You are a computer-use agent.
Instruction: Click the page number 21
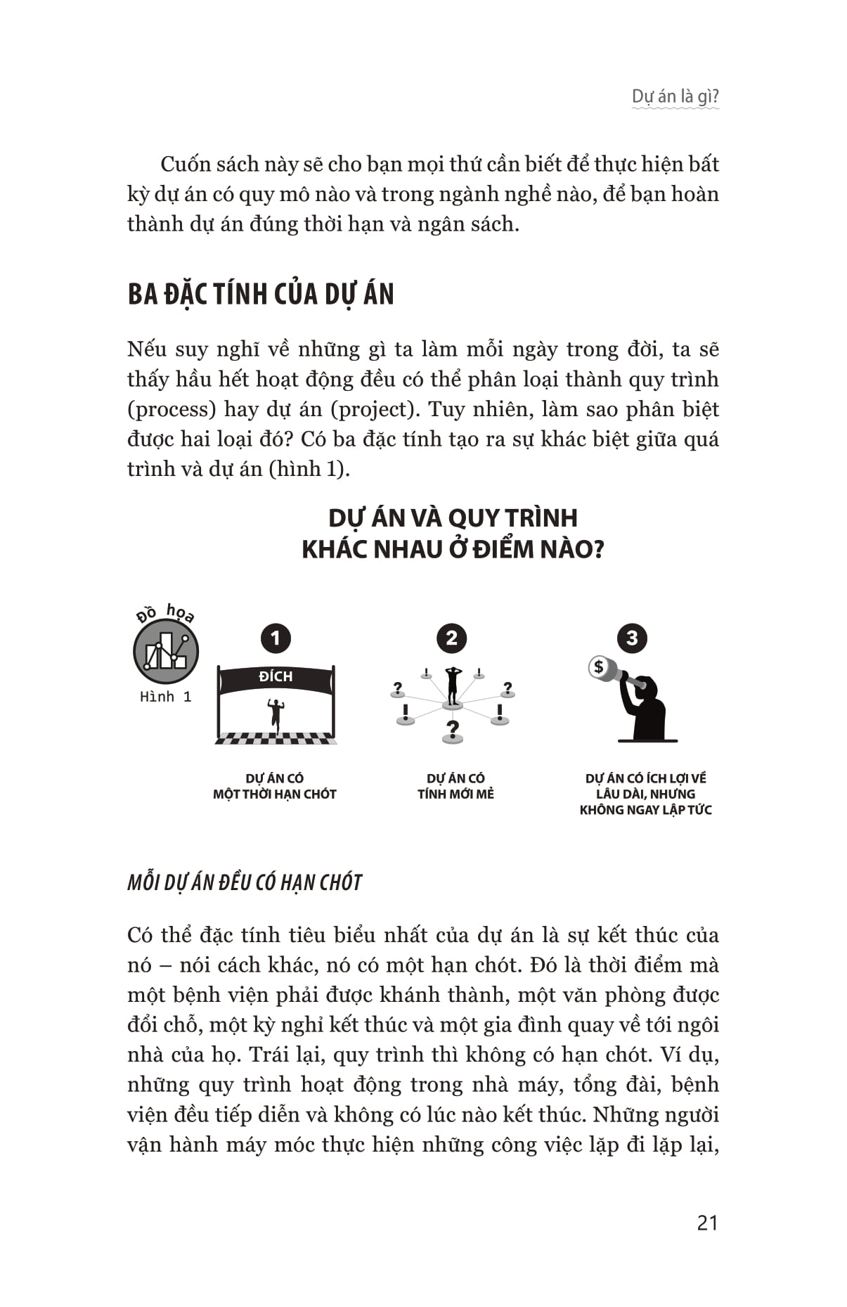coord(707,1223)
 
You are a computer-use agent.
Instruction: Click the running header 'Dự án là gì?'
coord(675,96)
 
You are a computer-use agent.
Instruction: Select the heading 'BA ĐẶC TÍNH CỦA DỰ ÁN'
coord(261,294)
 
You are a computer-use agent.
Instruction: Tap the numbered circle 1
coord(275,638)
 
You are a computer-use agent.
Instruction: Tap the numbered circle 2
coord(451,638)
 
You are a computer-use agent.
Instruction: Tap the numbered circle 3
coord(631,638)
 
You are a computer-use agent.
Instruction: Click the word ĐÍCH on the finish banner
coord(276,676)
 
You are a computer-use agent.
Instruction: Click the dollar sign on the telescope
coord(598,666)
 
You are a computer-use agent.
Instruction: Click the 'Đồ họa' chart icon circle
coord(166,652)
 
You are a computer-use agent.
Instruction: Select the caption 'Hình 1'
coord(166,697)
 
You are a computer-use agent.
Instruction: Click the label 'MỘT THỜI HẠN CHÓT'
coord(275,794)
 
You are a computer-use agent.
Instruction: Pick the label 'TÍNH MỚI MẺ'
coord(455,794)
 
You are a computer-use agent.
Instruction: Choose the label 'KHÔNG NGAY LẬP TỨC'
coord(645,810)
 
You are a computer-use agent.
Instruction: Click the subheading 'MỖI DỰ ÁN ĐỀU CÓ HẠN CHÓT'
coord(245,882)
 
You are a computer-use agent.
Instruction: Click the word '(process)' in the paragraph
coord(172,409)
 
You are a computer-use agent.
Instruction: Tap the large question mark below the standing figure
coord(452,729)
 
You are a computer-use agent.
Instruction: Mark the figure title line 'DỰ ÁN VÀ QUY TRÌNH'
coord(453,518)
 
